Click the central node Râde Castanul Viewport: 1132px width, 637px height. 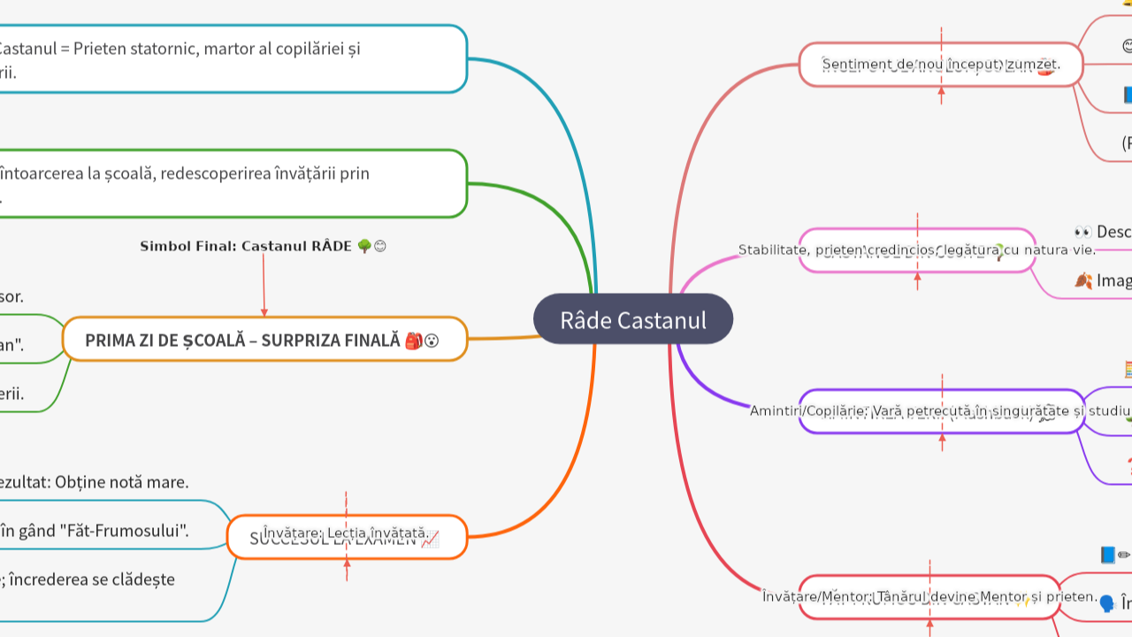(633, 319)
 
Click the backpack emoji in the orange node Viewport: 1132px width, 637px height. (413, 341)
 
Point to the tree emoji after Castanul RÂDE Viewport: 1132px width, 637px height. (363, 246)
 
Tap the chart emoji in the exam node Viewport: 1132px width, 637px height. (430, 540)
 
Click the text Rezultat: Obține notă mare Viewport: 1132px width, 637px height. (94, 482)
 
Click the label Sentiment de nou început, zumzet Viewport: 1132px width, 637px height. (940, 65)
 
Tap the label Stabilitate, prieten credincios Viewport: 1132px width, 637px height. (916, 250)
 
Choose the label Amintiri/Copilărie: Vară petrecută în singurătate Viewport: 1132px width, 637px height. (941, 411)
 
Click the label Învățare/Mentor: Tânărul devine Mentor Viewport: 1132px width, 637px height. (929, 596)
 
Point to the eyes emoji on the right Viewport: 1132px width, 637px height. (1082, 232)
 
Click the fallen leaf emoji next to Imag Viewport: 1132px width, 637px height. (1082, 280)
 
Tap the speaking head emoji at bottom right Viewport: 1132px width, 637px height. (1106, 603)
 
